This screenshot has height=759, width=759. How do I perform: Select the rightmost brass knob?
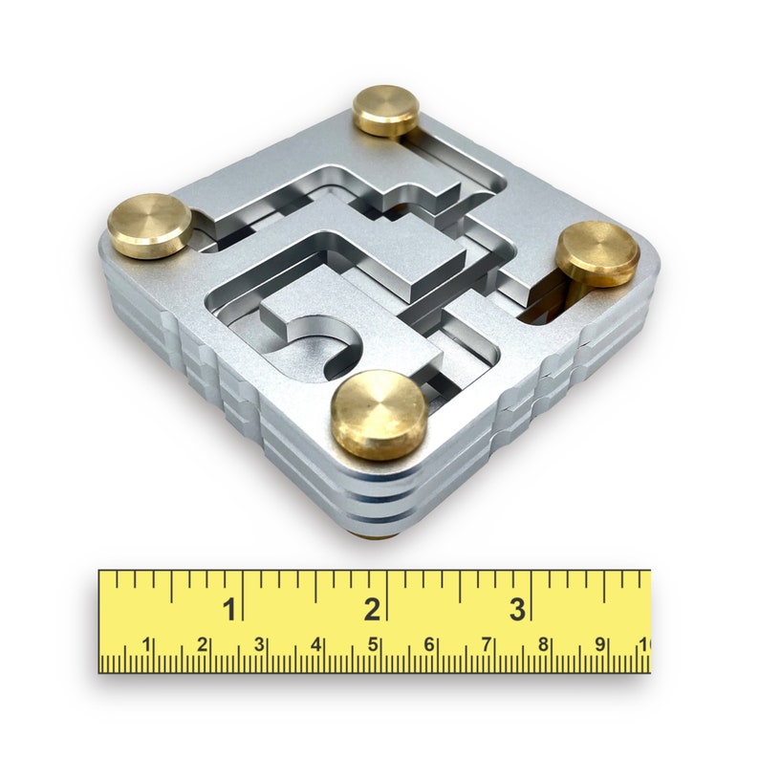point(597,253)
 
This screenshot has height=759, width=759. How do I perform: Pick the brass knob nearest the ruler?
point(378,413)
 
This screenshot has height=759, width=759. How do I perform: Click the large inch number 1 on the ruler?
point(229,609)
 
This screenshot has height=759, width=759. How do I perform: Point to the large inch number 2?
point(372,609)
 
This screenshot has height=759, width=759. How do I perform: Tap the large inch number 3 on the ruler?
point(516,609)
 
